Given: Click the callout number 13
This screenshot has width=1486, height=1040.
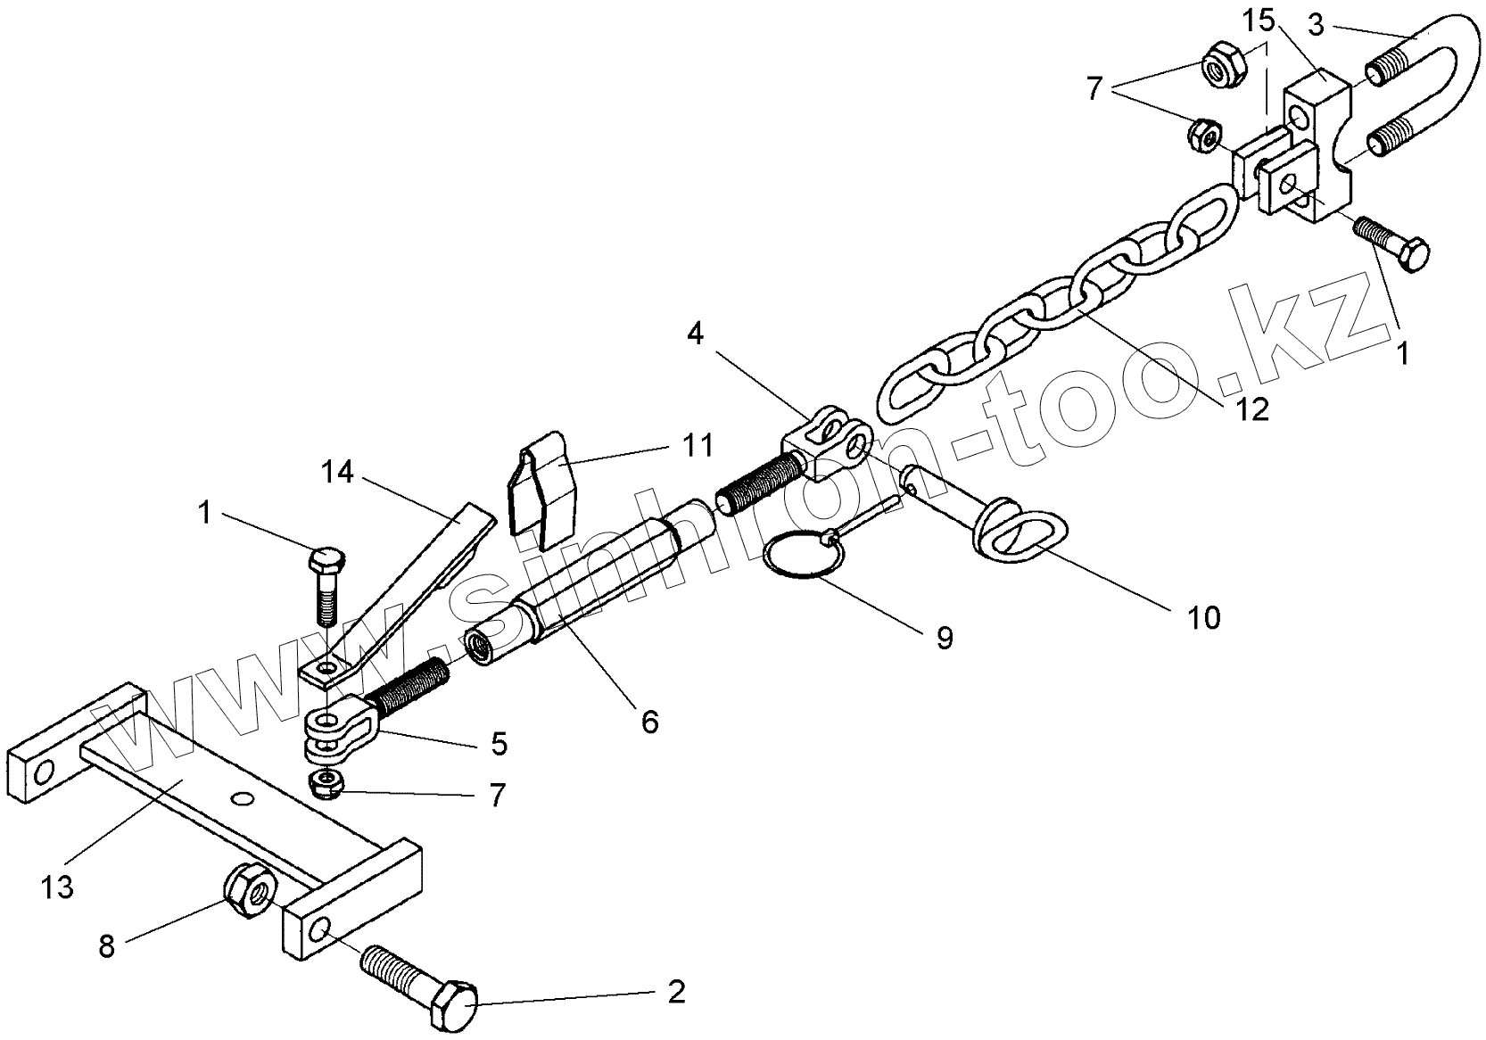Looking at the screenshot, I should pyautogui.click(x=58, y=887).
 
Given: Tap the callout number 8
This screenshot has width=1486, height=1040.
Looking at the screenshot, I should pyautogui.click(x=107, y=945).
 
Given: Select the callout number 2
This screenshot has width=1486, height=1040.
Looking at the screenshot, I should pyautogui.click(x=676, y=992).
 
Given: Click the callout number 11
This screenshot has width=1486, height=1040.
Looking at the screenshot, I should pyautogui.click(x=698, y=443).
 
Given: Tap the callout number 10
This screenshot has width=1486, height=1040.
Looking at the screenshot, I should pyautogui.click(x=1203, y=616).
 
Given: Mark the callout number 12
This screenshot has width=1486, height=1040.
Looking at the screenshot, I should pyautogui.click(x=1252, y=409).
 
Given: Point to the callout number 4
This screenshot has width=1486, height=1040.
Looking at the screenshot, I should pyautogui.click(x=695, y=334).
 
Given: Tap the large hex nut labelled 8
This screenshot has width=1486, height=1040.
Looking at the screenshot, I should pyautogui.click(x=251, y=887).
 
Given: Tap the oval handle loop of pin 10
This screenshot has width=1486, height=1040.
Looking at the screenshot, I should pyautogui.click(x=1019, y=536).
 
